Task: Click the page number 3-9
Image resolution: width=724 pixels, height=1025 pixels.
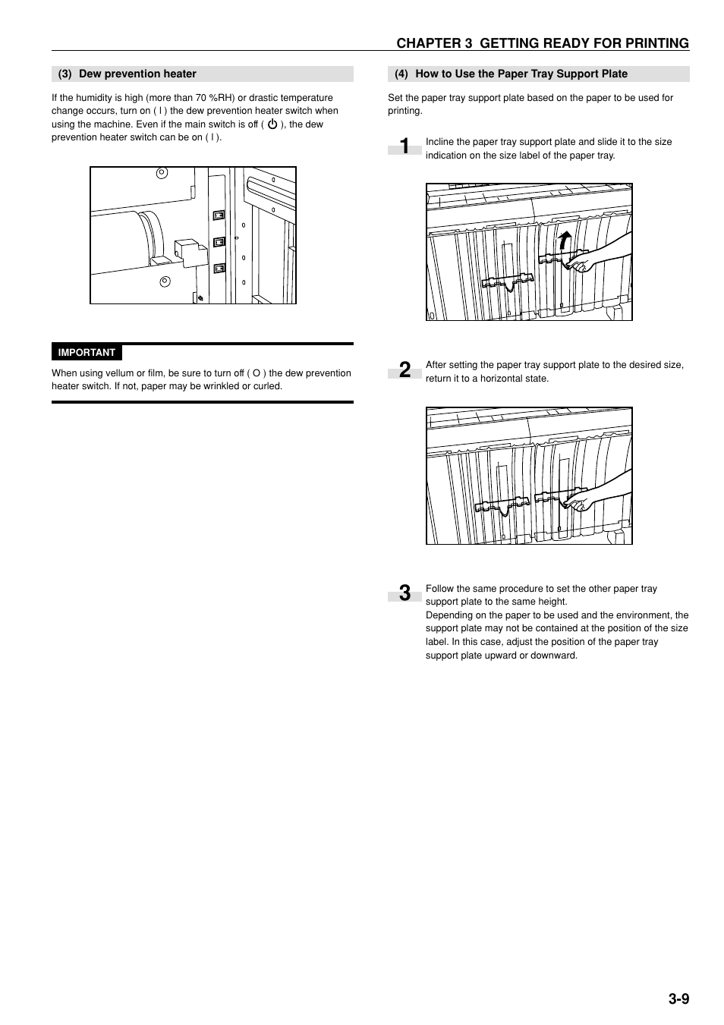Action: [x=678, y=998]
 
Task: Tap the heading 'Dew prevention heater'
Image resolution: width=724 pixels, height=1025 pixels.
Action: [x=137, y=74]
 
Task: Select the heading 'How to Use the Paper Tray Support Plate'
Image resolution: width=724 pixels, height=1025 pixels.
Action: [x=521, y=74]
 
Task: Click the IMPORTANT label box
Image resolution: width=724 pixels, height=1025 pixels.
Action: [x=87, y=353]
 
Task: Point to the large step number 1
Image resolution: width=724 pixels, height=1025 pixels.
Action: [x=405, y=146]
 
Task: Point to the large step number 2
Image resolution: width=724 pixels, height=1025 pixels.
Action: [x=405, y=369]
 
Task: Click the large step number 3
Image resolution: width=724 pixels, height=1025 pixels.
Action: [x=405, y=593]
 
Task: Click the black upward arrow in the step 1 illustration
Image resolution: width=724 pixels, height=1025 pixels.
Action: [x=562, y=241]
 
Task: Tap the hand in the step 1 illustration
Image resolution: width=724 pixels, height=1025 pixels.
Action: [x=585, y=265]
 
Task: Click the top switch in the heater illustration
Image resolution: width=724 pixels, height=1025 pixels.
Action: [x=219, y=215]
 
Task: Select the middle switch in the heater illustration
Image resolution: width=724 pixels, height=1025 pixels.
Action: [x=219, y=242]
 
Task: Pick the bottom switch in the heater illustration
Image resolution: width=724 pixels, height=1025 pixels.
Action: [x=219, y=268]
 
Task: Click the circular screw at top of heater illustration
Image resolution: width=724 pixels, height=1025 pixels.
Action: [x=161, y=172]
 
